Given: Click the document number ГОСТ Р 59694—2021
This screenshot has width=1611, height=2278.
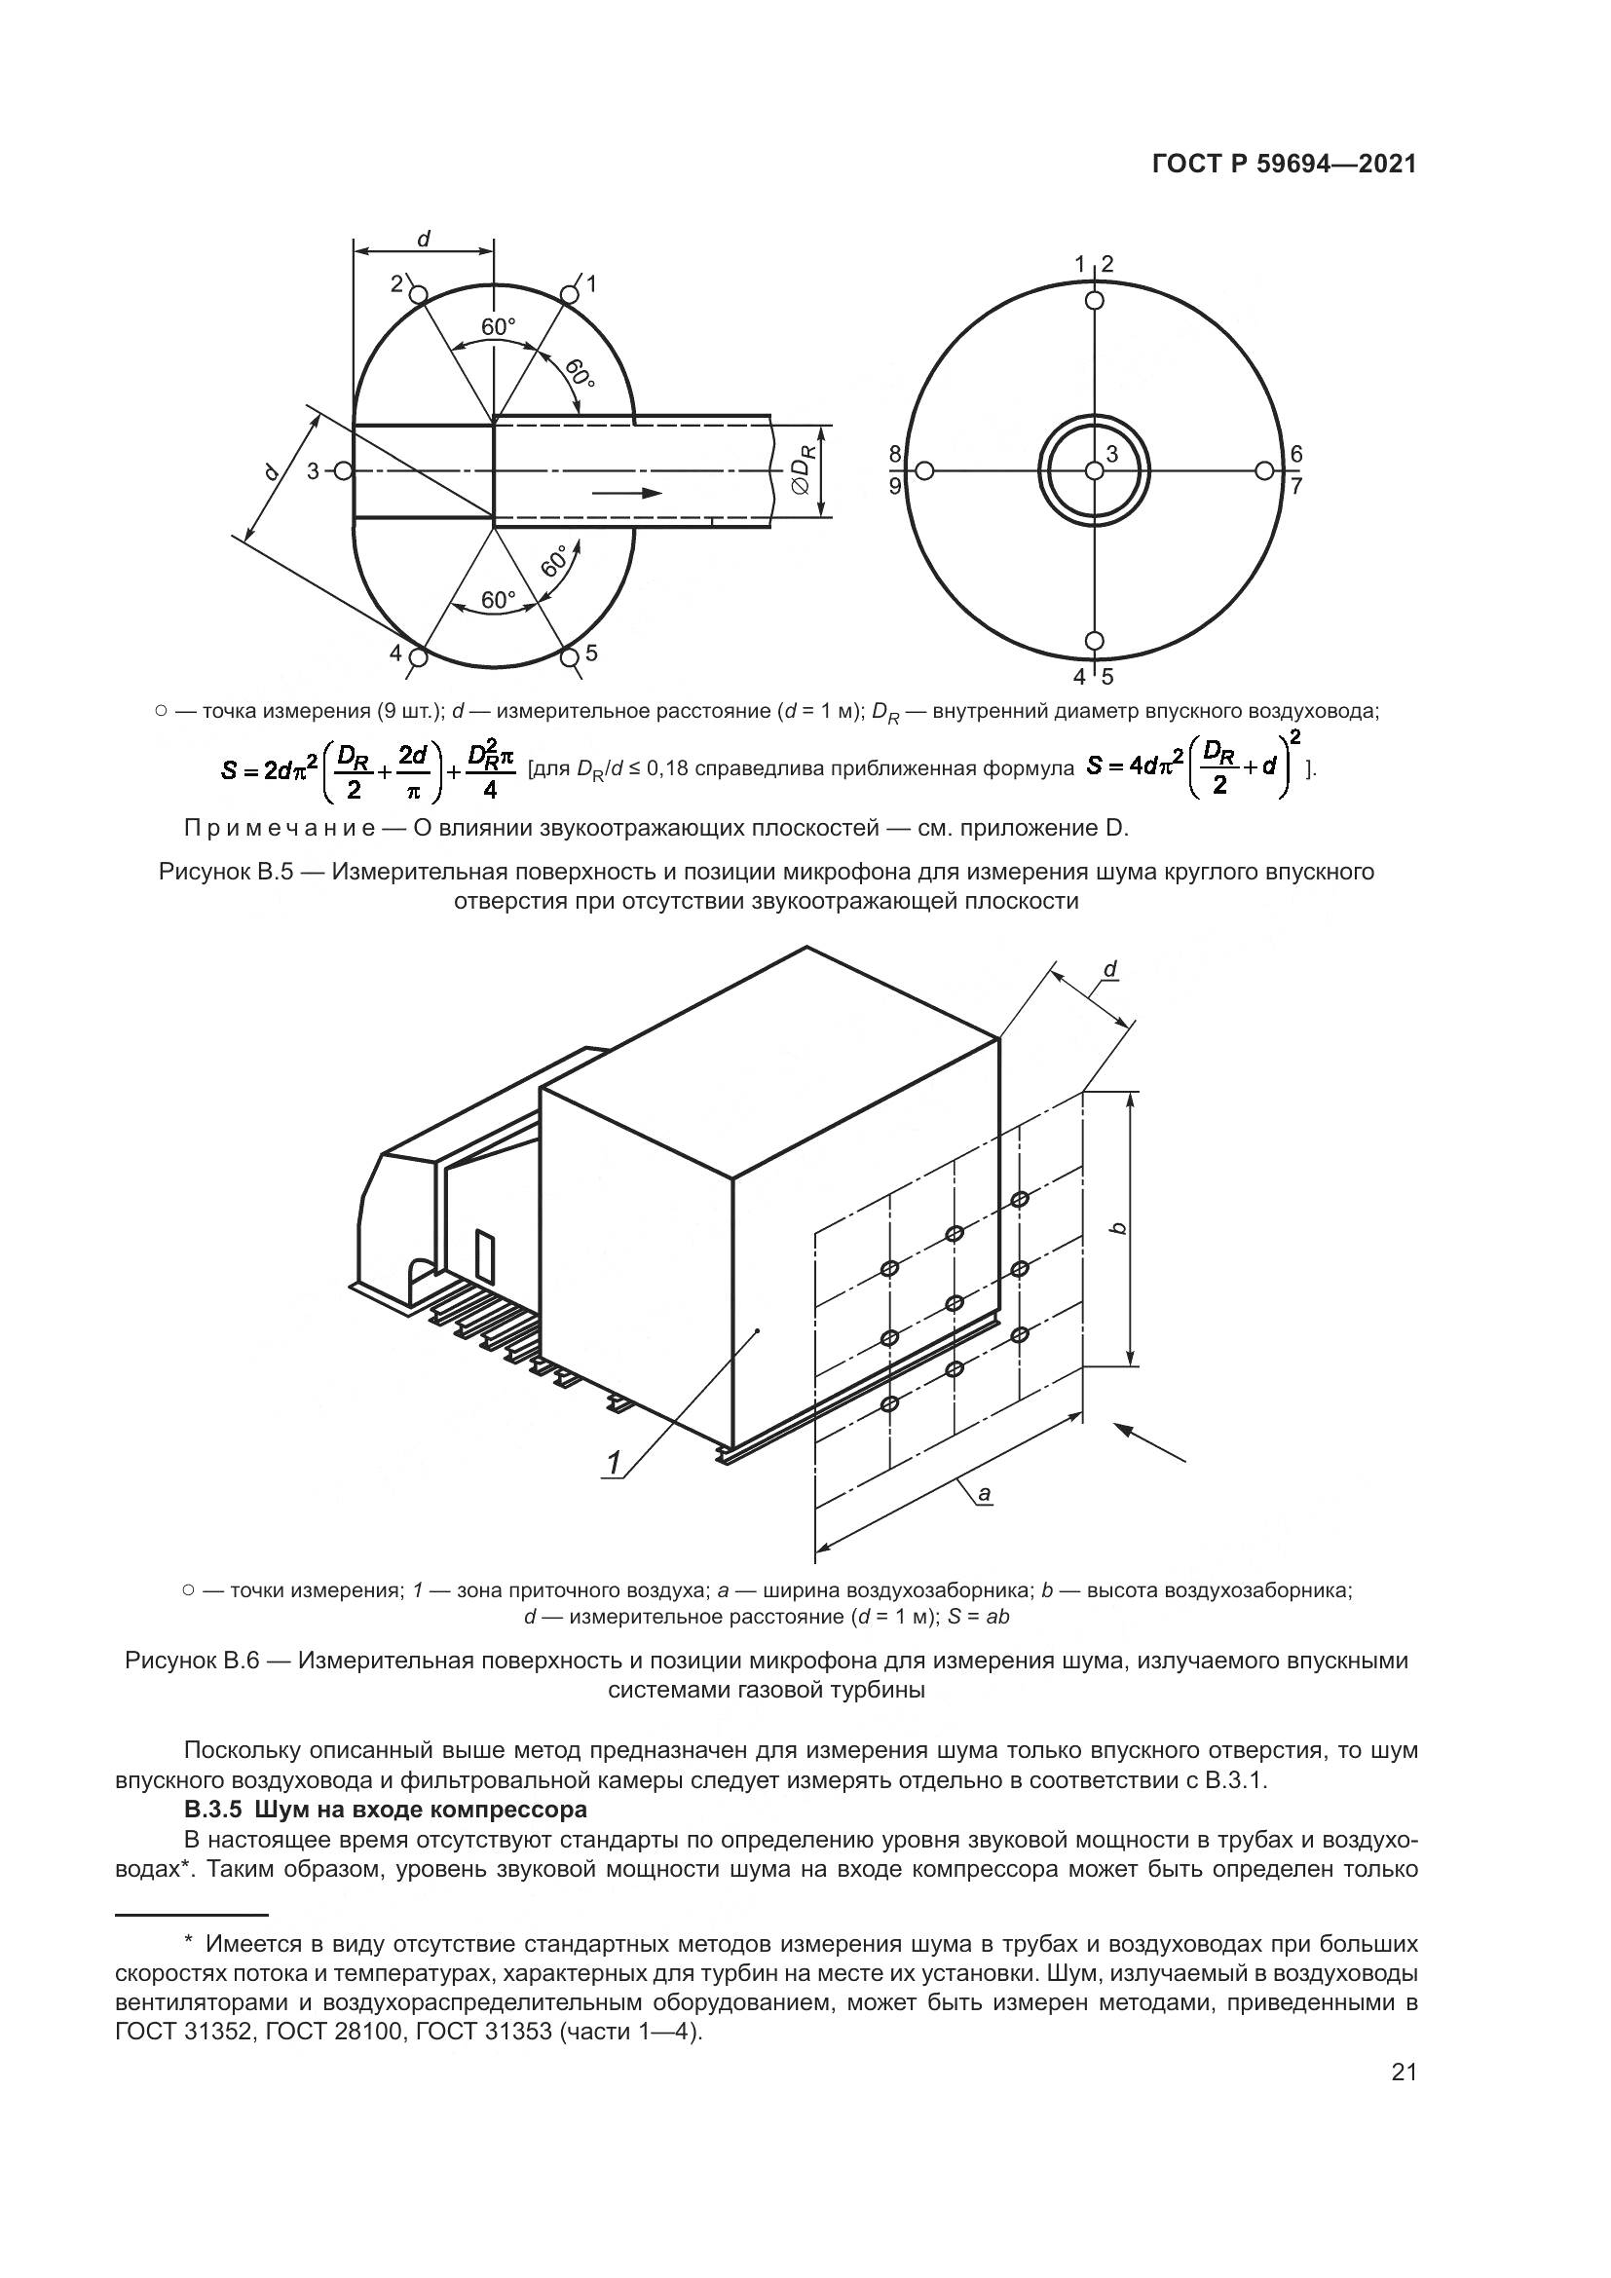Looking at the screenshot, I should point(1284,164).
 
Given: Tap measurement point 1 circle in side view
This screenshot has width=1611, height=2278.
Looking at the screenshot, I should point(570,295).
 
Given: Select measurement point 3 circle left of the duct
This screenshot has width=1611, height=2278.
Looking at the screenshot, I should point(343,470).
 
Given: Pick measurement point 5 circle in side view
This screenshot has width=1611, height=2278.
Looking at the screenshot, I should point(570,656).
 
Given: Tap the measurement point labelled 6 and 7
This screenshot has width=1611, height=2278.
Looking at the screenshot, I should point(1264,470).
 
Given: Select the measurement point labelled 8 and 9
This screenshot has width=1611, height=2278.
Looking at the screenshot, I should point(923,470).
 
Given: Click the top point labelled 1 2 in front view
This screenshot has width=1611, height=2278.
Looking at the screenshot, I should point(1094,299).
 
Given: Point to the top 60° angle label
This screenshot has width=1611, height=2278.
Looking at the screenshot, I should point(498,326).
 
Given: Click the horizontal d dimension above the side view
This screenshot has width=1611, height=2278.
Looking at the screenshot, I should point(424,240).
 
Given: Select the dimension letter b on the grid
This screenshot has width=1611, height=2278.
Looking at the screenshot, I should point(1119,1228).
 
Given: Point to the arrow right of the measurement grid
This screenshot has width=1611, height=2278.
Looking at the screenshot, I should point(1149,1441).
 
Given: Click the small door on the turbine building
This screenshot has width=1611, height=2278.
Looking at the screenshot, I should point(484,1255).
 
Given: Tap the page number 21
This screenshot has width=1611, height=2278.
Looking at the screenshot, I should point(1404,2100).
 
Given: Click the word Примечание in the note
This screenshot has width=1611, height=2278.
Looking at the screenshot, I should point(275,828).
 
